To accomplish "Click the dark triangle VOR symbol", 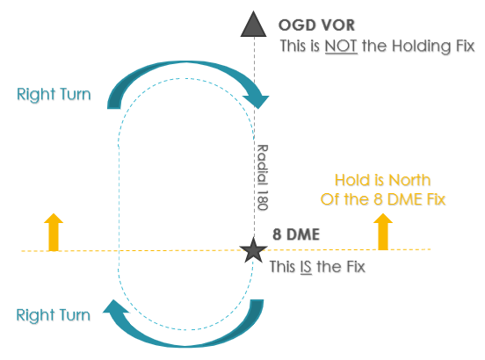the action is [x=253, y=25].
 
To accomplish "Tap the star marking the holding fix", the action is [x=253, y=250].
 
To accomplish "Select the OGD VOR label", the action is [x=316, y=25].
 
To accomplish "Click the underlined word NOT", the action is [x=341, y=46].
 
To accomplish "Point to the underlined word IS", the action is [x=306, y=267].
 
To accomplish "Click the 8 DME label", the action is [x=296, y=234].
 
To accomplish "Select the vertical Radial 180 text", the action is [x=263, y=177].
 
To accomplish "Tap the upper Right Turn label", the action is [x=54, y=94].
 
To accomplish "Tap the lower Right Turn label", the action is [x=54, y=315].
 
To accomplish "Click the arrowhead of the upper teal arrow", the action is [x=257, y=101].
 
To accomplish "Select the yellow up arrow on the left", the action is [x=54, y=232].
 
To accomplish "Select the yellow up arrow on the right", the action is [x=383, y=232].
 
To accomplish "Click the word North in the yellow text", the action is [x=409, y=180].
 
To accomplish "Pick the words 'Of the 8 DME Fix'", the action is [x=383, y=199].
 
